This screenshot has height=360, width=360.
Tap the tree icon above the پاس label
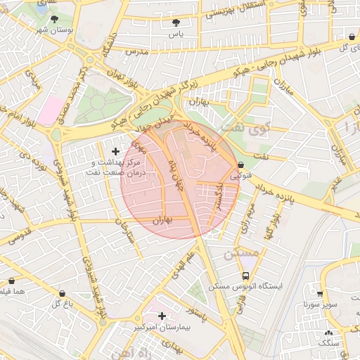click(175, 23)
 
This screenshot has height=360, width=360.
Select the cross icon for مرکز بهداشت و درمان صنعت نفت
click(116, 151)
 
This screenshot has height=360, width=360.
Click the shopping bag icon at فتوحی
click(241, 165)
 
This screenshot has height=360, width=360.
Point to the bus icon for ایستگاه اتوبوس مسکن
click(245, 276)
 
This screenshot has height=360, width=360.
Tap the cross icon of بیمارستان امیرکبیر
click(162, 316)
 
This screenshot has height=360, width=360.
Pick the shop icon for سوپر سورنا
click(320, 295)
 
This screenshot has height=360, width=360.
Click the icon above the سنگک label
click(328, 333)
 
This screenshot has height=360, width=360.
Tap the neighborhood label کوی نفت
click(243, 128)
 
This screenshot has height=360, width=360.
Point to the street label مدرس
click(135, 52)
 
